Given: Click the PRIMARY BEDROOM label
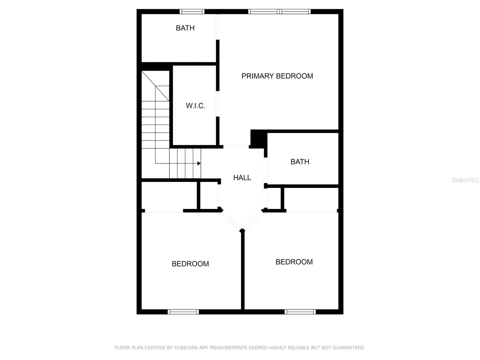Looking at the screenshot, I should pos(277,76).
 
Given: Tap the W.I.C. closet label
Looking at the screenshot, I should pos(195,106).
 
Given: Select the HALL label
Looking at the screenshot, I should pos(242,178).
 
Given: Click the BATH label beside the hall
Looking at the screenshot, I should pos(300,162).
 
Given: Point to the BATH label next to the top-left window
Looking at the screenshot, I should pos(185,28).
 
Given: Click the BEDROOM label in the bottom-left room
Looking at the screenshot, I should pos(190,264).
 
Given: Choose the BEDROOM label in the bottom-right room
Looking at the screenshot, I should pos(294,262).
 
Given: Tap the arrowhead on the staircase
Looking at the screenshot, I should pos(199,163).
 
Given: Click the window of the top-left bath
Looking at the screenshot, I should pos(192,12).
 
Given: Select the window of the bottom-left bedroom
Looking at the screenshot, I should pos(183,312).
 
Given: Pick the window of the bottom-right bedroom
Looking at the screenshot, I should pos(300,312).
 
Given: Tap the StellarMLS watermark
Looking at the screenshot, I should pos(465,180).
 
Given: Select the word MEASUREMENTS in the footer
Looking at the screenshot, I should pos(229,348).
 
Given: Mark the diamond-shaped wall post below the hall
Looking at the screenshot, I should pos(242,231).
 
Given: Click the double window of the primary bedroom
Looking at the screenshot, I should pos(279,12).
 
